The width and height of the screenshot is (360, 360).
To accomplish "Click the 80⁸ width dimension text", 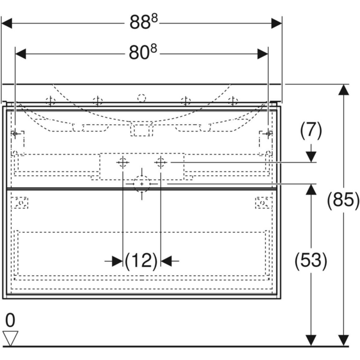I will pyautogui.click(x=143, y=53).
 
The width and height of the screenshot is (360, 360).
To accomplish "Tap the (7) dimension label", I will pyautogui.click(x=311, y=128).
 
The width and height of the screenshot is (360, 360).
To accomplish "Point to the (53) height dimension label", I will pyautogui.click(x=310, y=260).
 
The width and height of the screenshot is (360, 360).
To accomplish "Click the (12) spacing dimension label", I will pyautogui.click(x=142, y=260).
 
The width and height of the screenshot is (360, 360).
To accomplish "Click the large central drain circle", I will pyautogui.click(x=142, y=183).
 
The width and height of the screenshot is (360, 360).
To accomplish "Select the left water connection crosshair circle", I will pyautogui.click(x=122, y=161).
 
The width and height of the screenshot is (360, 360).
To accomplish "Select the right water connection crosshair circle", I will pyautogui.click(x=160, y=161).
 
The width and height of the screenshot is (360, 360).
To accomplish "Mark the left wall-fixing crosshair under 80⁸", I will pyautogui.click(x=16, y=133).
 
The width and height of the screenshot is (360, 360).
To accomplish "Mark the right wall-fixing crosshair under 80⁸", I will pyautogui.click(x=268, y=133).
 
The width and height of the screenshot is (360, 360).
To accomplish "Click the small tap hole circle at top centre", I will pyautogui.click(x=142, y=98).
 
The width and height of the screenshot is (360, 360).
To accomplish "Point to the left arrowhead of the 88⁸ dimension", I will pyautogui.click(x=7, y=23).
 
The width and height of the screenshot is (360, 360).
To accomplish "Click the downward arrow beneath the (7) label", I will pyautogui.click(x=311, y=157).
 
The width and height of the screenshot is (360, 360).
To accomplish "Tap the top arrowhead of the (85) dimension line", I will pyautogui.click(x=343, y=89).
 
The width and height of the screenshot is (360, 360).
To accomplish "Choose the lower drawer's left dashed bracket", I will pyautogui.click(x=21, y=203).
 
